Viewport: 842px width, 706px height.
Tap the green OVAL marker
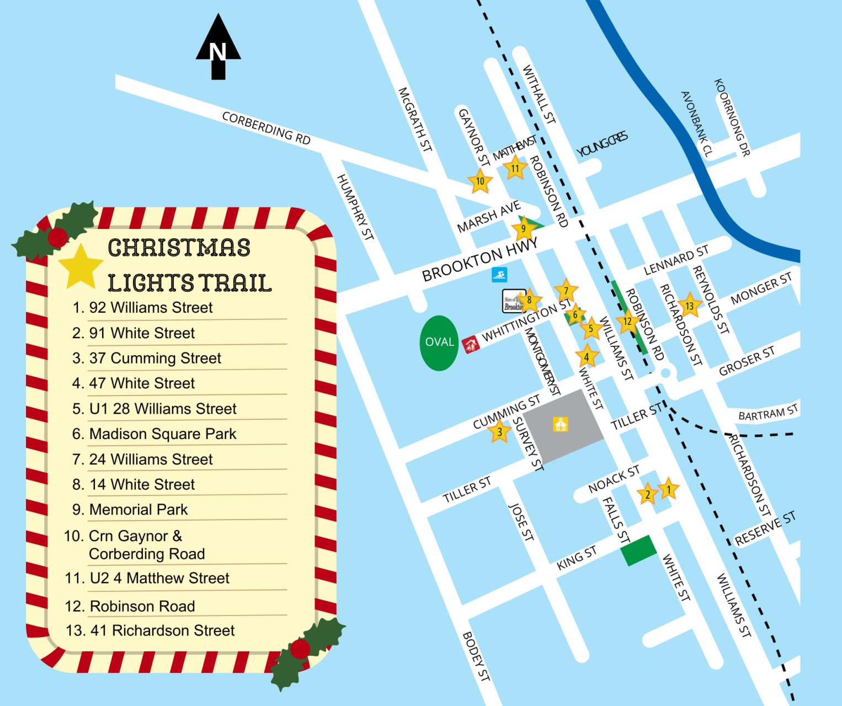point(439,343)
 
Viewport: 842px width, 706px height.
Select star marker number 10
point(480,181)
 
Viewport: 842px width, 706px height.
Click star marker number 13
point(689,306)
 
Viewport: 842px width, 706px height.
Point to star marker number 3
point(499,431)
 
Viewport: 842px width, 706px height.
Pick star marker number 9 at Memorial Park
point(524,228)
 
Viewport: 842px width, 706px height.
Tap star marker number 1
point(669,489)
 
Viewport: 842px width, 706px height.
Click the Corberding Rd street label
point(266,128)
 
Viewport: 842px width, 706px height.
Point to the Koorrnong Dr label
point(732,117)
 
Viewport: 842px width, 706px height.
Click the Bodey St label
point(476,656)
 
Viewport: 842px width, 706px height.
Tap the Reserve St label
point(765,528)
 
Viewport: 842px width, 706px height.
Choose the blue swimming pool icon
point(499,275)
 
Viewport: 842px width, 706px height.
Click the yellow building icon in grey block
point(561,424)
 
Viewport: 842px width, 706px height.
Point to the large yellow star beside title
point(81,268)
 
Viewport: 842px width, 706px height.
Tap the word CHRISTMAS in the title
point(179,248)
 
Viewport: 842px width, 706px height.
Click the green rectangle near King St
point(639,550)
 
